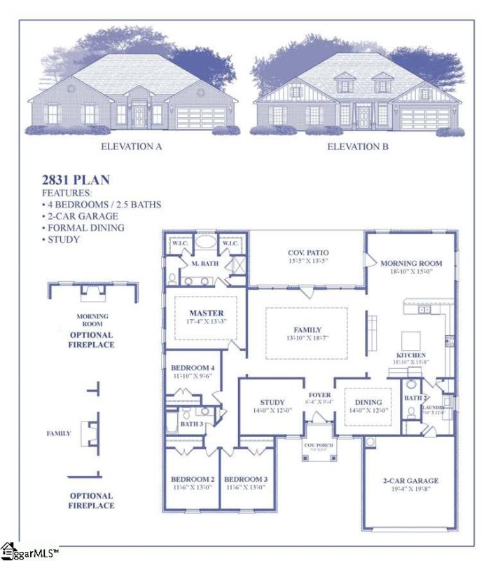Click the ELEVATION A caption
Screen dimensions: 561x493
tap(132, 147)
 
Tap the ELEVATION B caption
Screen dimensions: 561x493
tap(358, 147)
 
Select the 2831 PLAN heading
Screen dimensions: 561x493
tap(76, 180)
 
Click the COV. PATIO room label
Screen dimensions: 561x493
tap(308, 252)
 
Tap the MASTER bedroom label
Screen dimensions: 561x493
tap(207, 312)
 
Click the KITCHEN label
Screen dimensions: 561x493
tap(411, 356)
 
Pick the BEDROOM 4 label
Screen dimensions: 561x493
tap(193, 368)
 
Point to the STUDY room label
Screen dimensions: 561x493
tap(272, 402)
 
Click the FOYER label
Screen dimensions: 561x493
tap(319, 395)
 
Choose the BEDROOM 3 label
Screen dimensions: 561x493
tap(246, 479)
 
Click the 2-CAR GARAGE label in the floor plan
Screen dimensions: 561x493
tap(410, 480)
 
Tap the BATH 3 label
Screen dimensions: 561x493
tap(191, 424)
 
